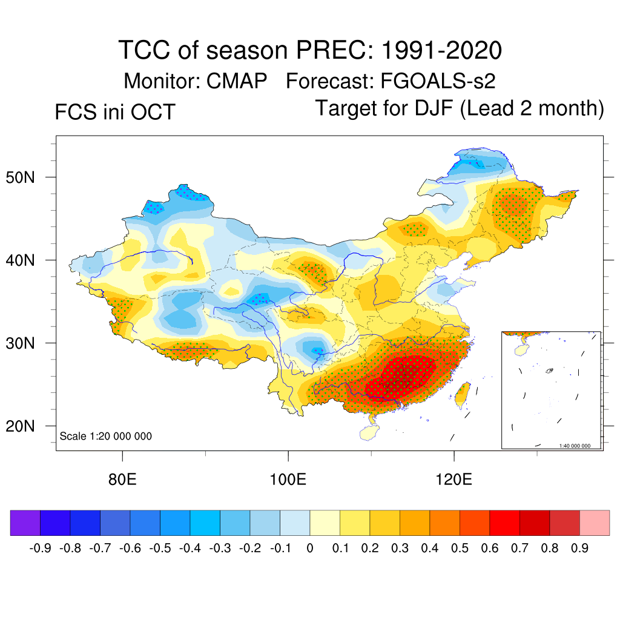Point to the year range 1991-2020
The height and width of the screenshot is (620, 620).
[x=441, y=50]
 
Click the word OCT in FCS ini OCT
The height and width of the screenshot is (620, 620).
[x=154, y=112]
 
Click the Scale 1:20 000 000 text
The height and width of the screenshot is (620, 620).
[x=106, y=436]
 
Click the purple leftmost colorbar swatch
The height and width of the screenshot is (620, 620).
[x=25, y=523]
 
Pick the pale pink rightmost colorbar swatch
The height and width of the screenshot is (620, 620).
[x=595, y=523]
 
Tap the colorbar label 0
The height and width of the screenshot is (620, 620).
[x=310, y=549]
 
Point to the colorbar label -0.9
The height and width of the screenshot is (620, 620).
[x=40, y=549]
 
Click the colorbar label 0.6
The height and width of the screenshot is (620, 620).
[x=489, y=549]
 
